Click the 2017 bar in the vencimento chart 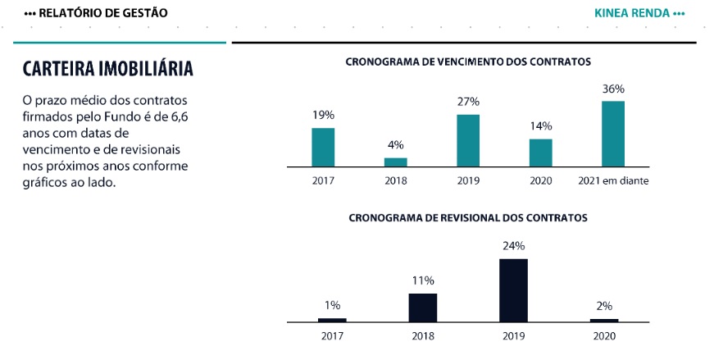[x=323, y=148]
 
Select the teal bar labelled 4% [x=396, y=162]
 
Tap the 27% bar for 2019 [x=468, y=141]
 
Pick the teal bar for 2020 [x=540, y=153]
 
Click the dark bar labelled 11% [x=423, y=307]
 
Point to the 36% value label [x=613, y=89]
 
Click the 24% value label [x=513, y=245]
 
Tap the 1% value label [x=332, y=305]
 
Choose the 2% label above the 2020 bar [x=604, y=306]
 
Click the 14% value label [x=541, y=126]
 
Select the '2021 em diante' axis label [x=613, y=181]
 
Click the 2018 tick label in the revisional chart [x=423, y=335]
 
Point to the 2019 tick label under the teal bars [x=468, y=181]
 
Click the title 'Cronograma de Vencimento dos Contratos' [x=468, y=62]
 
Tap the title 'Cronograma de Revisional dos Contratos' [x=468, y=218]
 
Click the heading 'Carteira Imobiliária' [x=107, y=68]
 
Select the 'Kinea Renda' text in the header [x=634, y=13]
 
